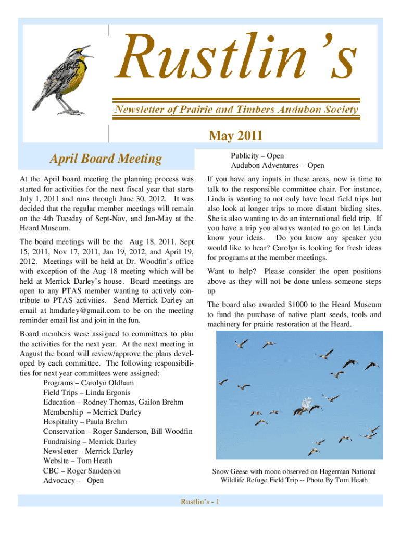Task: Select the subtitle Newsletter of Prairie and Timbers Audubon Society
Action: click(236, 110)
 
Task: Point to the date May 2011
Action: click(235, 137)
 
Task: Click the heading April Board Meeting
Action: click(106, 159)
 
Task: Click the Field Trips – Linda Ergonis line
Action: click(87, 392)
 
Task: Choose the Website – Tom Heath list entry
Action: click(78, 460)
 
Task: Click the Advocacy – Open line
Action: click(73, 480)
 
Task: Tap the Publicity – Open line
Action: click(257, 156)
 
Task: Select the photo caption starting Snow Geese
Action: click(294, 476)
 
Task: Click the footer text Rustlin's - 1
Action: click(200, 502)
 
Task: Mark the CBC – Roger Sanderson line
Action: click(82, 470)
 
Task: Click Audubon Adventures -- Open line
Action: click(278, 166)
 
